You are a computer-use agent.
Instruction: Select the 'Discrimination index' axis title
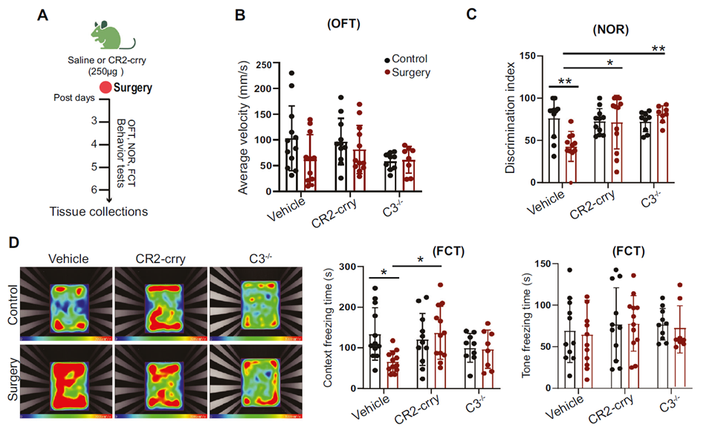[x=511, y=119]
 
